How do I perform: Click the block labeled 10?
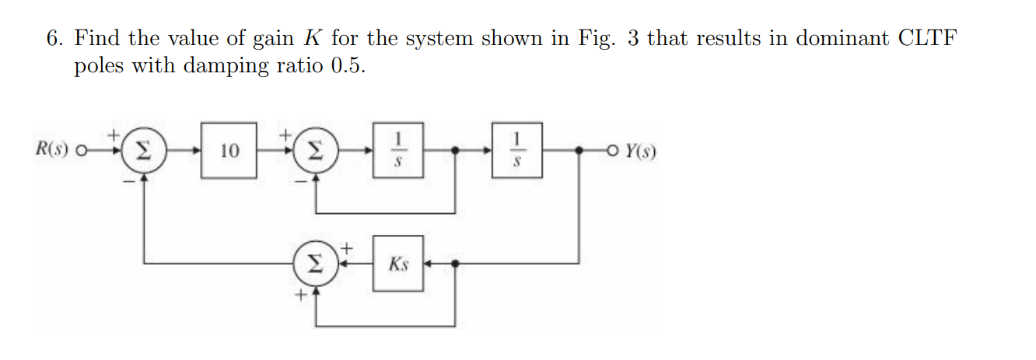tap(229, 150)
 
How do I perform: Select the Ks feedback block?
tap(397, 264)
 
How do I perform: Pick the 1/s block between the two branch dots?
tap(397, 149)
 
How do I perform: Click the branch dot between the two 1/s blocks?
tap(455, 150)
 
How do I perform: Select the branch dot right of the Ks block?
tap(455, 264)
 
